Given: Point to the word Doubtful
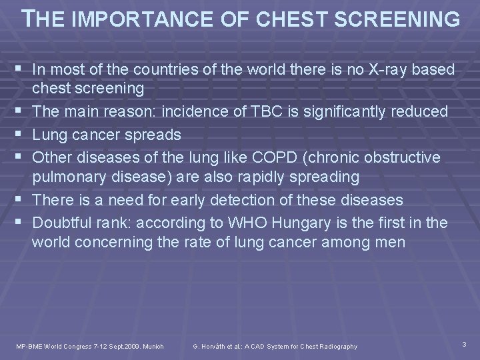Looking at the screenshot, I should [x=64, y=222].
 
